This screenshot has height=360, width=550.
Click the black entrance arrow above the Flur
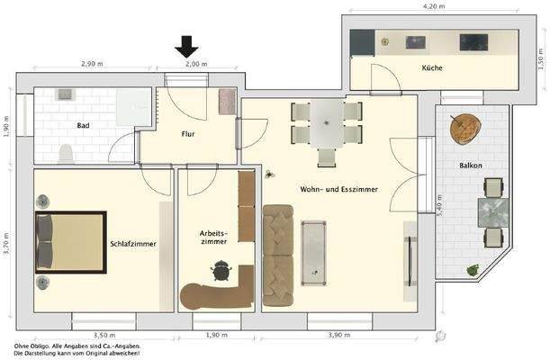pos(186,46)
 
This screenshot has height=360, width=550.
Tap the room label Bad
pos(83,126)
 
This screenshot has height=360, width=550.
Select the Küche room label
pos(432,68)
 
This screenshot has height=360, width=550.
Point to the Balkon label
pos(470,166)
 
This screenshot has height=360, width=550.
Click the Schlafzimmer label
pos(133,244)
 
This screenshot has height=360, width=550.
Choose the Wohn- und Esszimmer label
pos(338,190)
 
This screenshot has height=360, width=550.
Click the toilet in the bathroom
pos(65,154)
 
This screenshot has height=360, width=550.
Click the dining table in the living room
pos(326,122)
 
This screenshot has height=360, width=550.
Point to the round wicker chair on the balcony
pos(465,129)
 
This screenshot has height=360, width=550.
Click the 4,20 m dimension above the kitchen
pos(434,6)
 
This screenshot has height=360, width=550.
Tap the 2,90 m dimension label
pos(92,65)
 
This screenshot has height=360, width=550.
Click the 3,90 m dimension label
pos(339,335)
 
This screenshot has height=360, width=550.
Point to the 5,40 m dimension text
pos(439,210)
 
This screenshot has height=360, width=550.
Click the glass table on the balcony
pos(491,212)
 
